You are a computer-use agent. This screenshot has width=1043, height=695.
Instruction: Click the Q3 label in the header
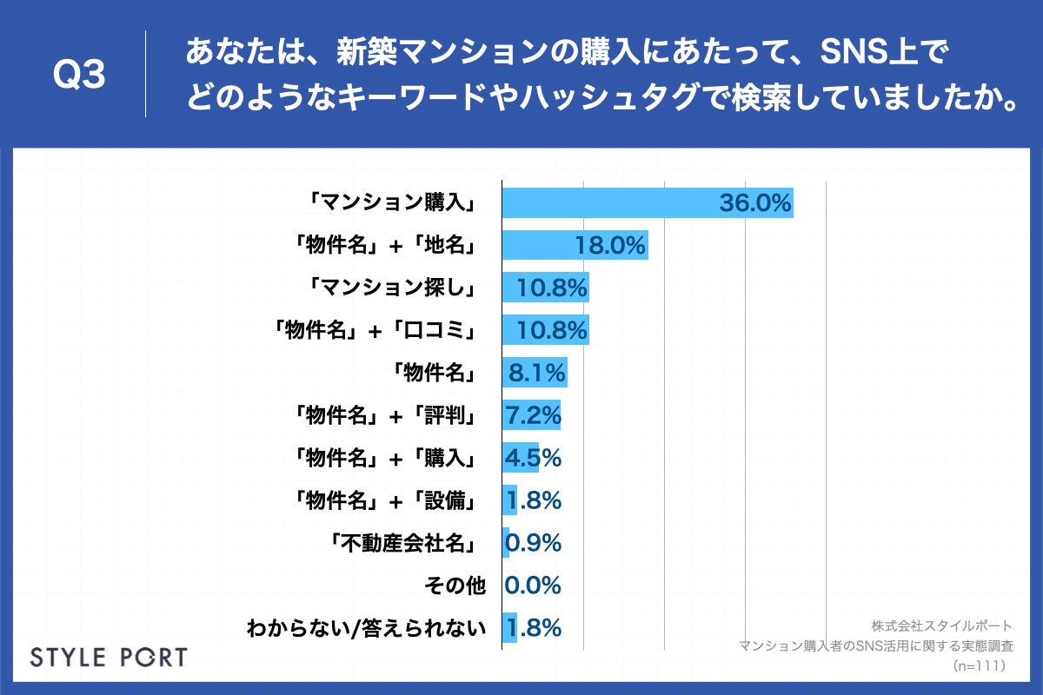(79, 75)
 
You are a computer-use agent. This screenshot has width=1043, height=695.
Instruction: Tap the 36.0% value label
(754, 203)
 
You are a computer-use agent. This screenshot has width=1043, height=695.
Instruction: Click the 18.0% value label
(610, 246)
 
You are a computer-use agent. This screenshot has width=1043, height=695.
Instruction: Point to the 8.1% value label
(537, 374)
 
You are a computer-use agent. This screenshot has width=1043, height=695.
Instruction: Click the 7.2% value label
(533, 415)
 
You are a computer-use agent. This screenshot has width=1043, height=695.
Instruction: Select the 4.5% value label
(533, 458)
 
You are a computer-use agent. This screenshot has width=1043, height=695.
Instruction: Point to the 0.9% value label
(533, 543)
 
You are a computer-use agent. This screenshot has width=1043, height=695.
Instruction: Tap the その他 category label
(454, 586)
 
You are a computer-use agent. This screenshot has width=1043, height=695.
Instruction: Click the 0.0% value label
(533, 586)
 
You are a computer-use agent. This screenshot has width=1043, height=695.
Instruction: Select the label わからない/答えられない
(365, 628)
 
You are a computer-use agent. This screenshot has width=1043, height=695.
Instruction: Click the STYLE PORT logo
(109, 656)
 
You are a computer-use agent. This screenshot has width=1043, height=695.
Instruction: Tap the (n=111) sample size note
(979, 666)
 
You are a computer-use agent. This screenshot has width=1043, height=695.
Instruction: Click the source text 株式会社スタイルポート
(941, 625)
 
